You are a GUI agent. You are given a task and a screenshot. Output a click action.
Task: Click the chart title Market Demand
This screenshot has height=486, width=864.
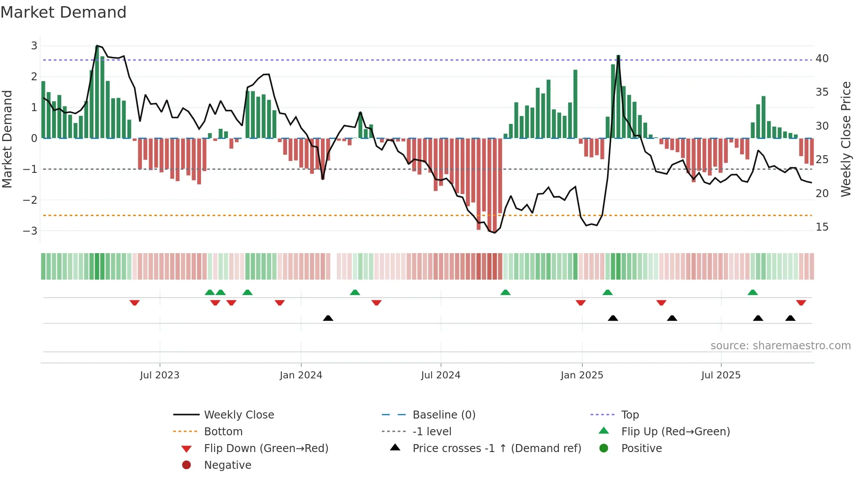pyautogui.click(x=63, y=12)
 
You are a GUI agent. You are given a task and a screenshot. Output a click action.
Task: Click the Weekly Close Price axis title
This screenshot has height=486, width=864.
pyautogui.click(x=845, y=139)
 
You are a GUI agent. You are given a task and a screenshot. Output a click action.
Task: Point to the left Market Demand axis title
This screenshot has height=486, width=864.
pyautogui.click(x=7, y=139)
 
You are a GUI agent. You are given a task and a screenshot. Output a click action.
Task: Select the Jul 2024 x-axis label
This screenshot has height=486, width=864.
pyautogui.click(x=440, y=375)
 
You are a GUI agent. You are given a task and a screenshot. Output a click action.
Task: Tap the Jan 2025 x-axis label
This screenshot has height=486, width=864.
pyautogui.click(x=581, y=375)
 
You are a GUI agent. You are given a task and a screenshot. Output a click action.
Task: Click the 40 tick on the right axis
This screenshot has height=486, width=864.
pyautogui.click(x=822, y=59)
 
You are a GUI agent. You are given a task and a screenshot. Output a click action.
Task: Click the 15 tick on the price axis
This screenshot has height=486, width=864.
pyautogui.click(x=822, y=227)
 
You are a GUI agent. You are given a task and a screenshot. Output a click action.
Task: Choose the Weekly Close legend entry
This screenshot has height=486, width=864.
pyautogui.click(x=238, y=415)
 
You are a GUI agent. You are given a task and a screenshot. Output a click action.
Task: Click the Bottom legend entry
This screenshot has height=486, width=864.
pyautogui.click(x=223, y=432)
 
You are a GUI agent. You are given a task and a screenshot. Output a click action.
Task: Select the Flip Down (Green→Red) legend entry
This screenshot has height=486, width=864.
pyautogui.click(x=266, y=449)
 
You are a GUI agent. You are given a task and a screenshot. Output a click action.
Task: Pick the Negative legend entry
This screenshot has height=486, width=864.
pyautogui.click(x=227, y=465)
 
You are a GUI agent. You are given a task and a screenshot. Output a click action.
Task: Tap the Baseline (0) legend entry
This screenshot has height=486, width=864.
pyautogui.click(x=443, y=415)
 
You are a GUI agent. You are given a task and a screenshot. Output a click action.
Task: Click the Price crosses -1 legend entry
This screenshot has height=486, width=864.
pyautogui.click(x=496, y=449)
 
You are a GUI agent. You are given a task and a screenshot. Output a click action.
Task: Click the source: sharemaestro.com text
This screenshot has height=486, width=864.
pyautogui.click(x=780, y=346)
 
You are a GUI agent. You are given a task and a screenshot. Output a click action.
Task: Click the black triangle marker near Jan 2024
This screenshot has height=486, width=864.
pyautogui.click(x=328, y=318)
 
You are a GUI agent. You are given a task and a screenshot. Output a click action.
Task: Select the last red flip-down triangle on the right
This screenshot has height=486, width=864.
pyautogui.click(x=801, y=303)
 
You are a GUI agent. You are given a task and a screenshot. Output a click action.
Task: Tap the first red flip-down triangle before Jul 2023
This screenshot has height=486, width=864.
pyautogui.click(x=134, y=303)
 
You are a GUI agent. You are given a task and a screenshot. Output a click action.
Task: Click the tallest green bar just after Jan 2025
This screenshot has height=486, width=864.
pyautogui.click(x=618, y=97)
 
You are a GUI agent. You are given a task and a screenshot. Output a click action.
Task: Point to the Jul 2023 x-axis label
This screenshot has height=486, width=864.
pyautogui.click(x=160, y=375)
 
